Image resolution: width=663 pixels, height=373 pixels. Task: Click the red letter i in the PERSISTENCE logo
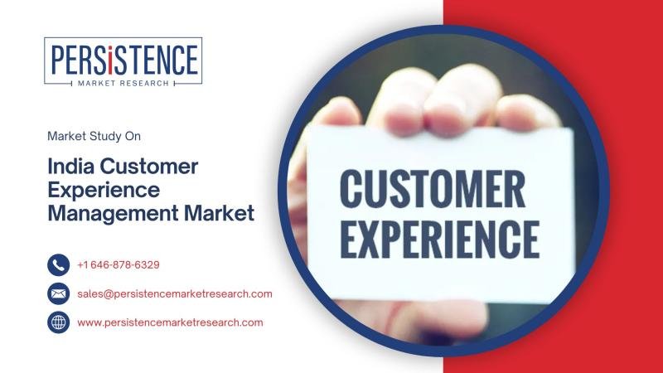[109, 60]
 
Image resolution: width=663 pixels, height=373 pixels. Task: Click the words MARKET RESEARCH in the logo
[123, 84]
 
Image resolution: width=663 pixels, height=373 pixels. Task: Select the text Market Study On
[94, 136]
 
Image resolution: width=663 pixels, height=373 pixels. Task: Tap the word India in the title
[70, 167]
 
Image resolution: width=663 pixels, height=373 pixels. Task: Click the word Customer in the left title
[149, 167]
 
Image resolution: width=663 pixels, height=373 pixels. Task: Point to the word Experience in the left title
[104, 191]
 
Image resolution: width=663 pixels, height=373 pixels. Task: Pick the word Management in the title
[113, 214]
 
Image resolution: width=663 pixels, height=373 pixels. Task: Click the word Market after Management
[219, 213]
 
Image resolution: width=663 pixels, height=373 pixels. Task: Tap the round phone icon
[58, 265]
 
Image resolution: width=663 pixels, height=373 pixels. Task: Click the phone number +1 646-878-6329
[119, 265]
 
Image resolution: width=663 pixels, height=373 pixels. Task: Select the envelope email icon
[58, 294]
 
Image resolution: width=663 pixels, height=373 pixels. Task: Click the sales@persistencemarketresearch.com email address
[175, 294]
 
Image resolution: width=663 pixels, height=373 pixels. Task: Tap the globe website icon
[58, 322]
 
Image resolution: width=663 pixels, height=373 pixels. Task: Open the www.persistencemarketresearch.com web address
[170, 322]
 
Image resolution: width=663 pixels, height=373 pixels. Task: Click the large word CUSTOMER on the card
[432, 189]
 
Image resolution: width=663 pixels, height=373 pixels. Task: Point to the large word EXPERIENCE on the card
[440, 239]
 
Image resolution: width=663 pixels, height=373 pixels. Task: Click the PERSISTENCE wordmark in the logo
[123, 60]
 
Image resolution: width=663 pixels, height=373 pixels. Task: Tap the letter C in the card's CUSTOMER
[353, 189]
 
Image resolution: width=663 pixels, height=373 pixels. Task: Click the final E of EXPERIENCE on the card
[530, 239]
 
